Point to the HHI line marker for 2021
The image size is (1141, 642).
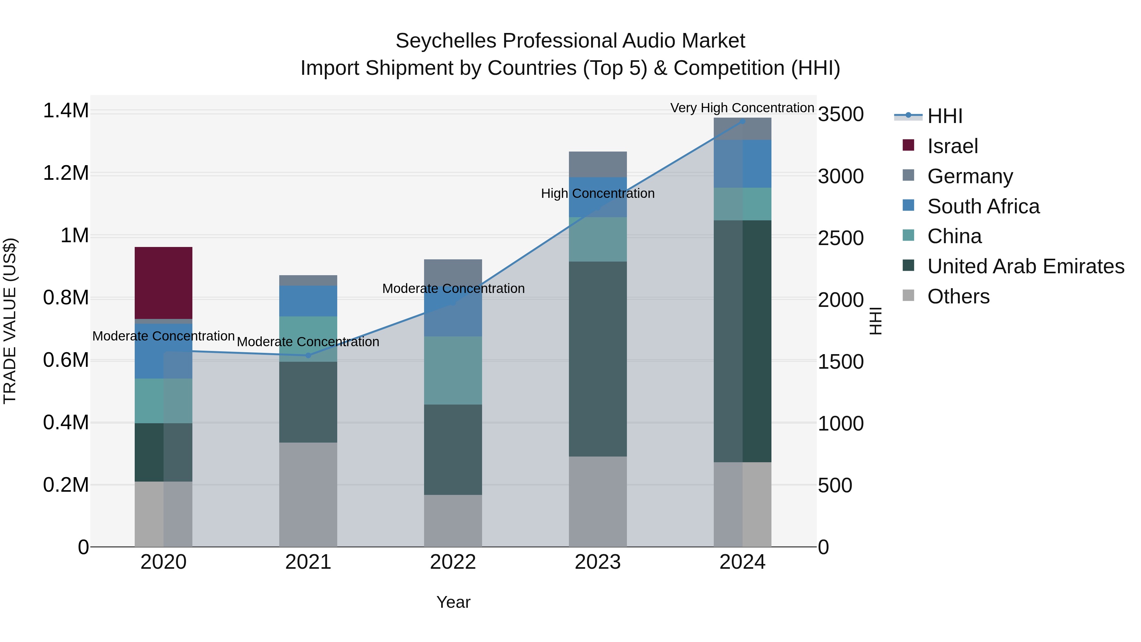point(308,355)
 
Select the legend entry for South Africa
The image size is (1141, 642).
point(983,206)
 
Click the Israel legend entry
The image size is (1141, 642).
point(952,146)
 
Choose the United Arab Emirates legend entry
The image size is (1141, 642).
point(1025,266)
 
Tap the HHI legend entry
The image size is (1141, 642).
point(944,116)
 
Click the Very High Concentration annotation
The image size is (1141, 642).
point(742,108)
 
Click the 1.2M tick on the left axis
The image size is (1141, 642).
point(66,173)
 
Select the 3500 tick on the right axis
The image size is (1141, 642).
point(840,114)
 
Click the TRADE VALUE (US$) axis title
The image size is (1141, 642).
point(10,321)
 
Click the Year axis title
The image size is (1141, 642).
point(453,602)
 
